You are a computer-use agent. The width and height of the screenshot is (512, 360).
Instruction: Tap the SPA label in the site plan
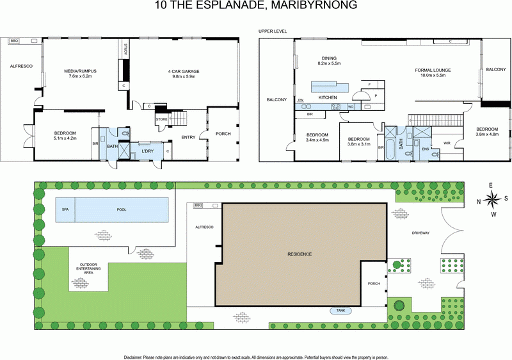65,209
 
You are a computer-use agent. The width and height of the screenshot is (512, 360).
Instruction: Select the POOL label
122,209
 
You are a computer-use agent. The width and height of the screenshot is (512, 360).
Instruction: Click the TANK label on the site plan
340,311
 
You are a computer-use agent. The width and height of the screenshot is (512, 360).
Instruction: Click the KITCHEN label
328,97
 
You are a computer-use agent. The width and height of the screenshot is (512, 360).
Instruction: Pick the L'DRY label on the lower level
148,151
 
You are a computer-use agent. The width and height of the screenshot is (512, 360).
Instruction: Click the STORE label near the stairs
161,119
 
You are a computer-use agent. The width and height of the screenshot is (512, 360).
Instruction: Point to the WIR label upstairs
447,143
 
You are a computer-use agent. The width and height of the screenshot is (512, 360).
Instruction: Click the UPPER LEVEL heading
273,31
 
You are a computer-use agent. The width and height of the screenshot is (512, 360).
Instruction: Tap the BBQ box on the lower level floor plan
14,40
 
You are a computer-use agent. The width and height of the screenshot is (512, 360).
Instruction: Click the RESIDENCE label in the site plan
300,254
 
